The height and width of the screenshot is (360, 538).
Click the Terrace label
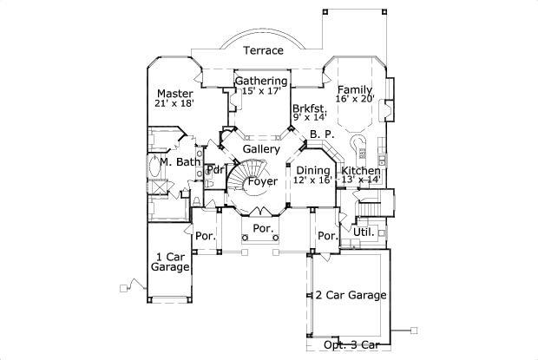(263, 50)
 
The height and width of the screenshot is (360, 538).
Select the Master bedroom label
(174, 92)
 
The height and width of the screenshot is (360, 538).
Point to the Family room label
(355, 89)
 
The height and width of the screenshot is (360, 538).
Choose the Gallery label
(260, 149)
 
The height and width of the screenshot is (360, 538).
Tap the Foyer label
(262, 182)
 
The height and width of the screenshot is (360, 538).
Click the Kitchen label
(360, 172)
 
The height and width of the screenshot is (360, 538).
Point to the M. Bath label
(180, 162)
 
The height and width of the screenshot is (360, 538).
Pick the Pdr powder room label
(211, 170)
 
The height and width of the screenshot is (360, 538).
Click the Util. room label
(363, 232)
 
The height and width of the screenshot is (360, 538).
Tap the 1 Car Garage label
(171, 262)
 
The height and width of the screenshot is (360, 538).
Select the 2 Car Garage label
(351, 295)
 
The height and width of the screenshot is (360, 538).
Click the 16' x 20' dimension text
(355, 101)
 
